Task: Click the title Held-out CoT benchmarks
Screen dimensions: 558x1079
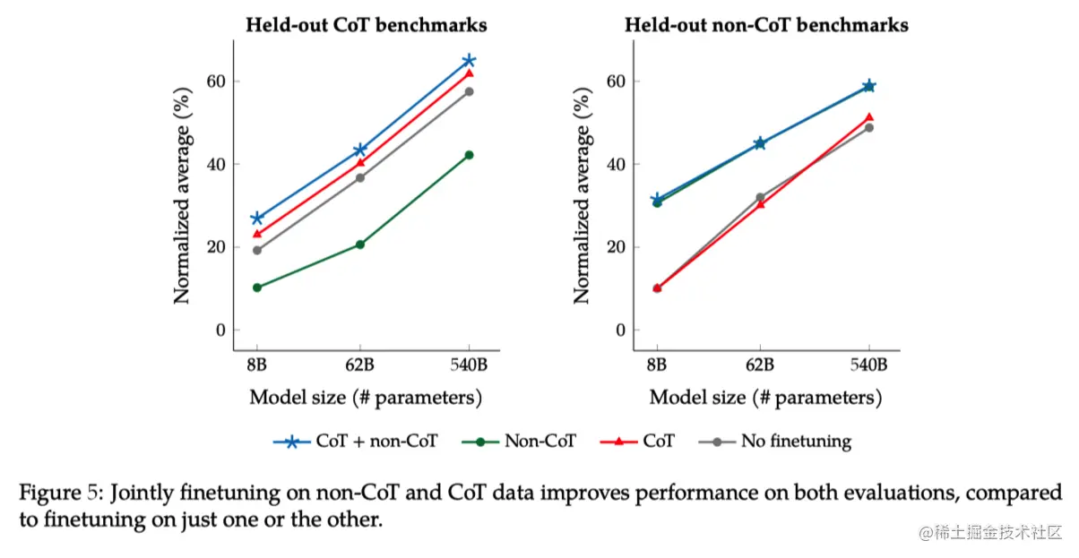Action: click(367, 25)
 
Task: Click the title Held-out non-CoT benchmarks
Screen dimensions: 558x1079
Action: click(766, 25)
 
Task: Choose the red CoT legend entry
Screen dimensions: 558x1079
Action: click(658, 441)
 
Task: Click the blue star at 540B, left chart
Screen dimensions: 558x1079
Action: click(468, 60)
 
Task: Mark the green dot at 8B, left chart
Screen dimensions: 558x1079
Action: click(257, 288)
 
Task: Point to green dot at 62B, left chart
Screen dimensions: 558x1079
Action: click(360, 245)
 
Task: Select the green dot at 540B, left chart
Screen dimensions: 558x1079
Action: click(468, 155)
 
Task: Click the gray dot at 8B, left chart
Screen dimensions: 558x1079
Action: click(257, 250)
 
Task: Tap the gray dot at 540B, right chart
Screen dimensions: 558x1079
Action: click(868, 127)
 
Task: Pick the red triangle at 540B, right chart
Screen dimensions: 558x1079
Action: click(868, 117)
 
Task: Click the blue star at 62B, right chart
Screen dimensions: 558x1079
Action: click(760, 143)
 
